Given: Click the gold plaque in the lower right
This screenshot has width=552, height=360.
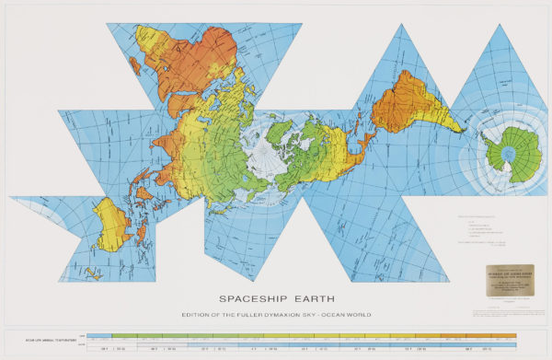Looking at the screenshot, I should (x=511, y=278).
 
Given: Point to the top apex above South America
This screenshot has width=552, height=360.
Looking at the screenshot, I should (x=400, y=25).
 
